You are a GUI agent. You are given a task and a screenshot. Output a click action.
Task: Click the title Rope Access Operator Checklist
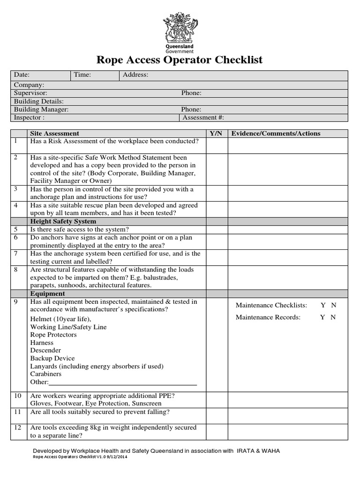pos(180,60)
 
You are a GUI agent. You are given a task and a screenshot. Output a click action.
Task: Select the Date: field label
pos(22,75)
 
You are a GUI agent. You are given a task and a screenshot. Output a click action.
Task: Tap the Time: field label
pos(82,75)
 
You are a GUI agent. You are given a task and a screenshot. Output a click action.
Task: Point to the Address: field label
pos(135,75)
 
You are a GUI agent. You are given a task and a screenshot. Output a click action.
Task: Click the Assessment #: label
pos(203,118)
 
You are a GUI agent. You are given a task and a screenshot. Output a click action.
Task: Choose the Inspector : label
pos(29,118)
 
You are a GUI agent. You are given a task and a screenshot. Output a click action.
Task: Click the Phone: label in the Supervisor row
pos(191,93)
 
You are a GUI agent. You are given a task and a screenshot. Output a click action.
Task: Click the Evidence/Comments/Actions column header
pos(276,134)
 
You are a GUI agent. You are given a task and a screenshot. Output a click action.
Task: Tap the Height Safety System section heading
pos(63,221)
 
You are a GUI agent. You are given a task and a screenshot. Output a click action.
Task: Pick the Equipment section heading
pos(47,294)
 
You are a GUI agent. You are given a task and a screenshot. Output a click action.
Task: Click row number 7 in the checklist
pos(16,254)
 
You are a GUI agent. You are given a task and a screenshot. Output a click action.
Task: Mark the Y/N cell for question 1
pos(216,145)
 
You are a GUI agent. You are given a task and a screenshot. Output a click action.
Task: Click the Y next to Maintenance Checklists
pos(323,305)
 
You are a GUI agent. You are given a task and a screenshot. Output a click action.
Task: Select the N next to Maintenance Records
pos(333,317)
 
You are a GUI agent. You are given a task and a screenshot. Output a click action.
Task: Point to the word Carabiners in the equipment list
pos(46,374)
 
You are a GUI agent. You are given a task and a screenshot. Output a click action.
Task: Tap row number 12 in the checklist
pos(18,427)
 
